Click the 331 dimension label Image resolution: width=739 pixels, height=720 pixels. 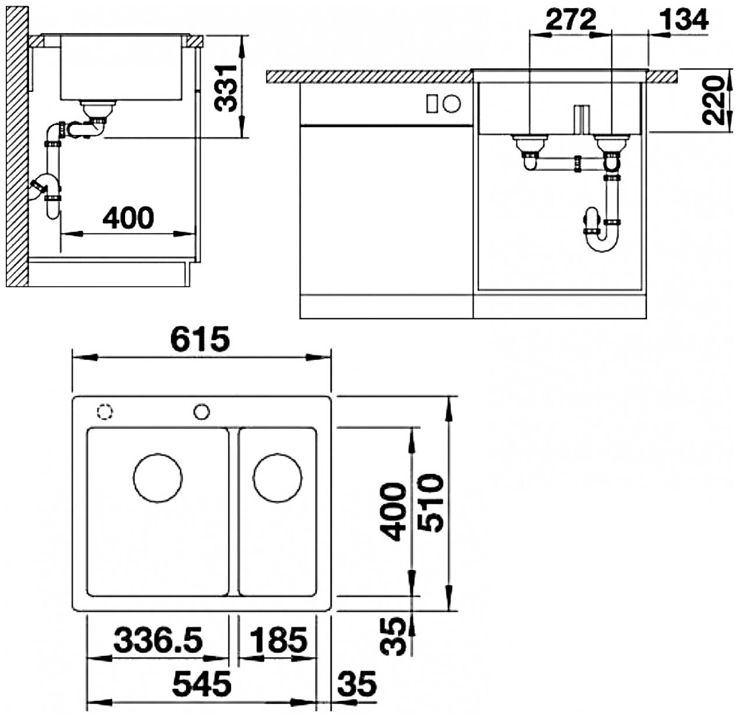pos(226,88)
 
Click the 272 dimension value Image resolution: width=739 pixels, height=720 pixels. pos(571,19)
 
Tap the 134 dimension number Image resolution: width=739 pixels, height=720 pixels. pos(684,19)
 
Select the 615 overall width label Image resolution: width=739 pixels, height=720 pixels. pos(200,338)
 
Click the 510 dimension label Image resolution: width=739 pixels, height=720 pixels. pos(430,503)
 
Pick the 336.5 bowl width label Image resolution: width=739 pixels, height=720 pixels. pos(158,640)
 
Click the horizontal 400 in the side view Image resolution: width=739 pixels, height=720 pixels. pos(129,218)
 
